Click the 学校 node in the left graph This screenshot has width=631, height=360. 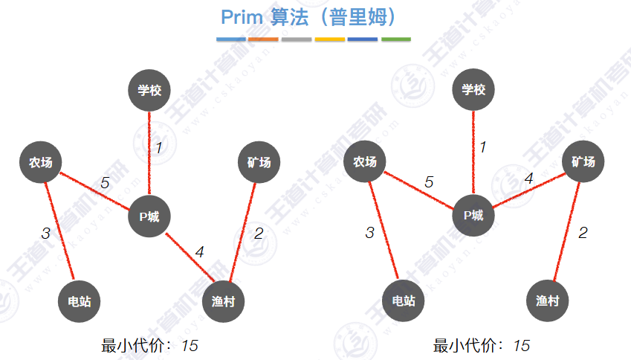point(149,90)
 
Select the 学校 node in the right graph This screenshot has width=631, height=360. point(473,90)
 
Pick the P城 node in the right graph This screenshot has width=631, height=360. point(473,216)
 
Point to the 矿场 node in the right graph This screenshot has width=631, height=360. point(583,161)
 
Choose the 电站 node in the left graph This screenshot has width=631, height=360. point(79,301)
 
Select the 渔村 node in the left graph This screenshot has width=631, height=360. point(223,301)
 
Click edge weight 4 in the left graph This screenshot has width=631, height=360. point(199,252)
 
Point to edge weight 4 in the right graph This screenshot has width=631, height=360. point(528,179)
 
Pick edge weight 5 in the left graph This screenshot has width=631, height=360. point(105,182)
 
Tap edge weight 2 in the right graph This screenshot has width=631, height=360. point(583,233)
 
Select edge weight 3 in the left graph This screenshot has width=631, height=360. point(45,233)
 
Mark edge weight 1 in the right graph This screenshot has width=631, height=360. point(482,147)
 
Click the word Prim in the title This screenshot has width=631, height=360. point(242,16)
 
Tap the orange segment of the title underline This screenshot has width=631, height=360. point(263,39)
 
